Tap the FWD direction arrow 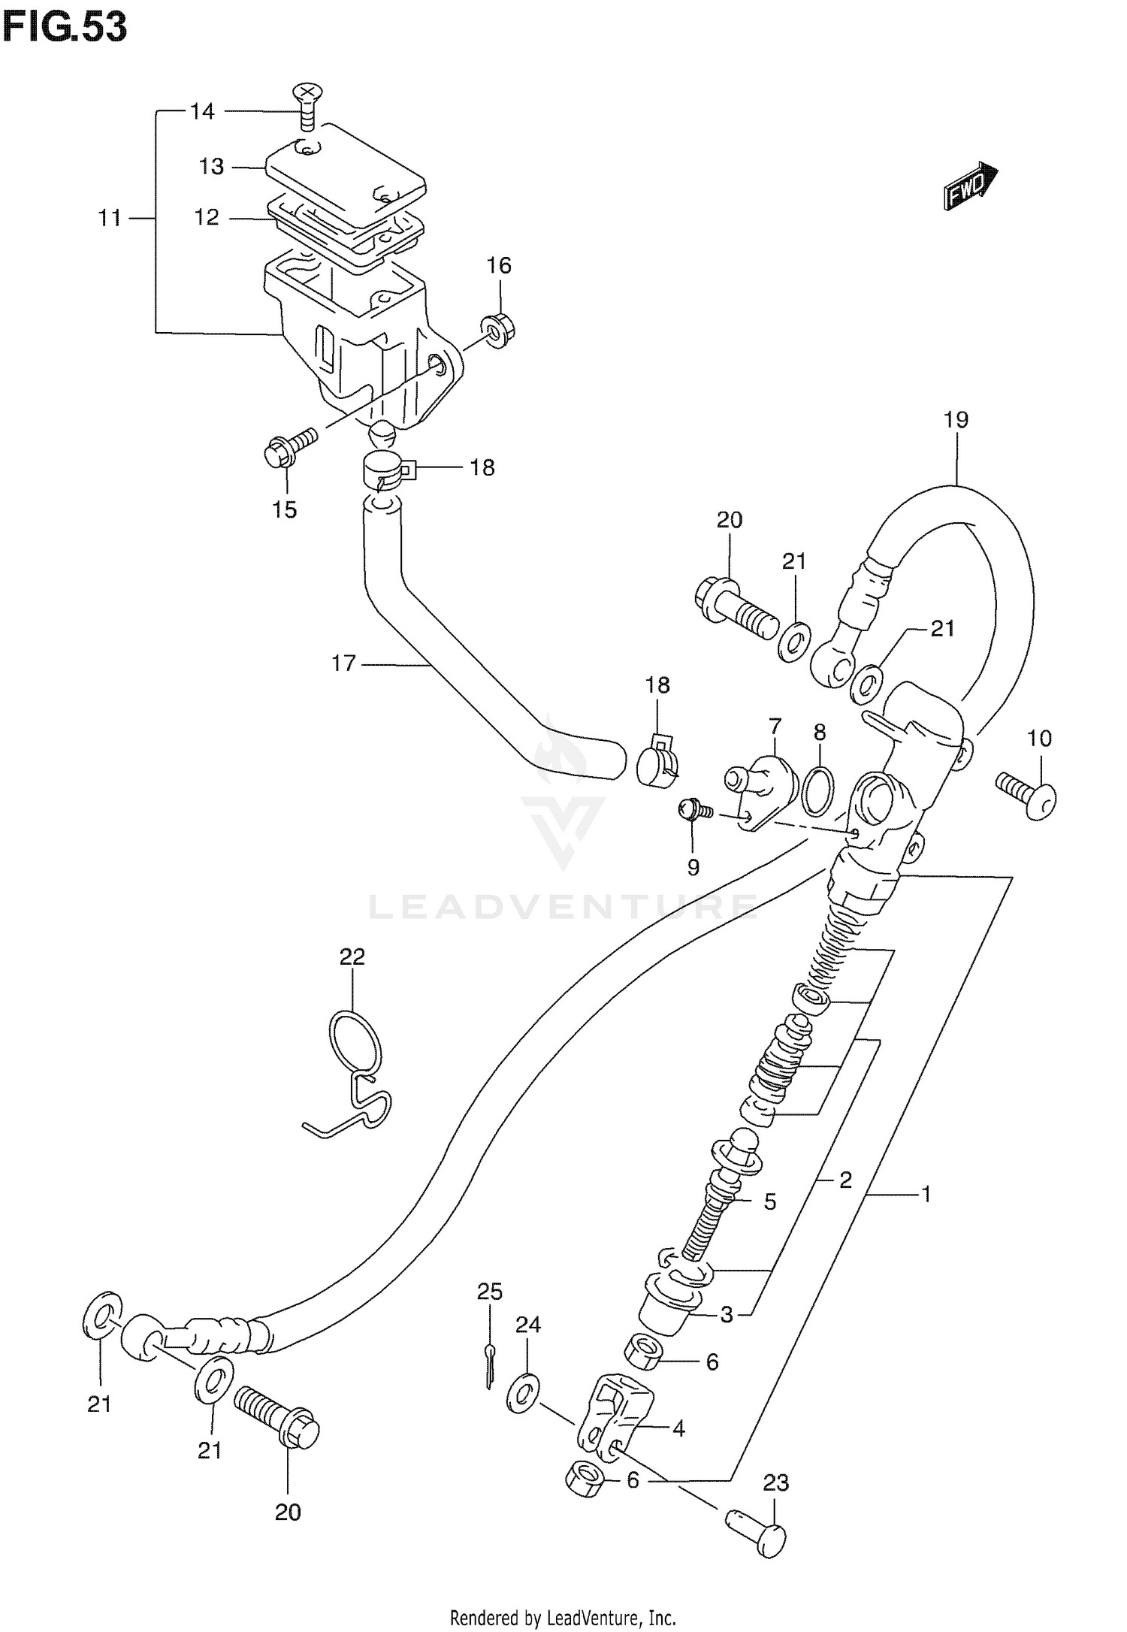(970, 186)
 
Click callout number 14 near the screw (201, 112)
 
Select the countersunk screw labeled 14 (304, 106)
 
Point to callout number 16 (498, 265)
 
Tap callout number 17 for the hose (343, 663)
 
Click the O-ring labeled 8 (817, 790)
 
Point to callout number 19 (956, 419)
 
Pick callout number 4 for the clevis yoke (678, 1428)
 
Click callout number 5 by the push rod (769, 1201)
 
